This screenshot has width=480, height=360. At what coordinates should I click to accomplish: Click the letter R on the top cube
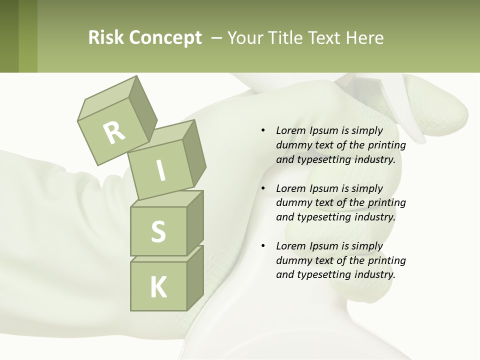click(114, 132)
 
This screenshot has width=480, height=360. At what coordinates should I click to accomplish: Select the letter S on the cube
click(158, 231)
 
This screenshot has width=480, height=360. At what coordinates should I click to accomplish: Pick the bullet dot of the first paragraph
click(263, 130)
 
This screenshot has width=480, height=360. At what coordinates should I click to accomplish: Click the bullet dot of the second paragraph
click(263, 188)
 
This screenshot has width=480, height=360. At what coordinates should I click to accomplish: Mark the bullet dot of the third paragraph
click(263, 246)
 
